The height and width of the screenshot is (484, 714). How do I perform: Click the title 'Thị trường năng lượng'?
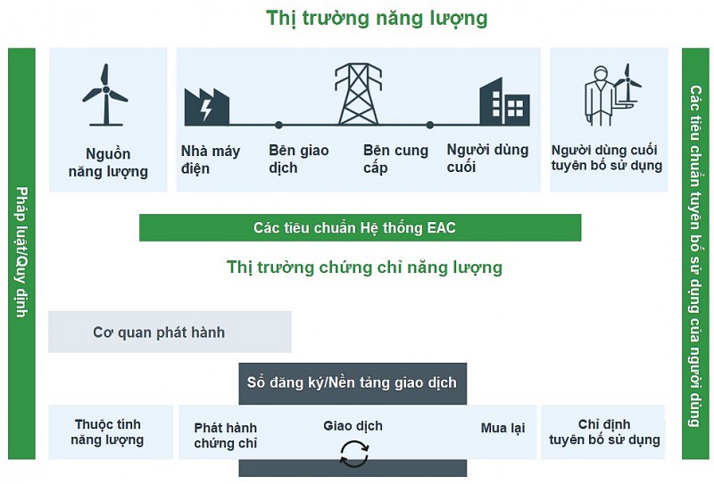(x=377, y=18)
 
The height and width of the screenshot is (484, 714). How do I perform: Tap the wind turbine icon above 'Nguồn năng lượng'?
(x=105, y=94)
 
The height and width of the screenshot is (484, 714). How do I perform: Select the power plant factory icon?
(x=206, y=106)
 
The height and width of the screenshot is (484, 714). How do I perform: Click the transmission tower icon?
(x=355, y=94)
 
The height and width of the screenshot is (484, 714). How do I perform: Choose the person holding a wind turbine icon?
(x=612, y=94)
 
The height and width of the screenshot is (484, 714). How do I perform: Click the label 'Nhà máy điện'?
(x=211, y=159)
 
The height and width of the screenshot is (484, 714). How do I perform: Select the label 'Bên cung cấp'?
(x=395, y=159)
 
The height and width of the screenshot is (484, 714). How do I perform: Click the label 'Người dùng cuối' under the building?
(x=487, y=158)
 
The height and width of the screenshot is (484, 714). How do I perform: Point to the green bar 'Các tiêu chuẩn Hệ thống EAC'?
(x=360, y=228)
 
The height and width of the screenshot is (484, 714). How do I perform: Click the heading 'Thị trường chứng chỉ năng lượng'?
(x=364, y=267)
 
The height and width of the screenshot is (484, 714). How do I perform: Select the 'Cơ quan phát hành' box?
(x=169, y=332)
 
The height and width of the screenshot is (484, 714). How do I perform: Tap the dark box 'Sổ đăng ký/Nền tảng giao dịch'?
(x=352, y=382)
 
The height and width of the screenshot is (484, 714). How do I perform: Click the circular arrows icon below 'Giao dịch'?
(x=353, y=455)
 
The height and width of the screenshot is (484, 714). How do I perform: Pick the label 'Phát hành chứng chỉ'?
(x=225, y=435)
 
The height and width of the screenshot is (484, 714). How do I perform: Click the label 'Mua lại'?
(x=502, y=429)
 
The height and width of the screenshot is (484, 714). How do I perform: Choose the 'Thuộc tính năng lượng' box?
(x=107, y=432)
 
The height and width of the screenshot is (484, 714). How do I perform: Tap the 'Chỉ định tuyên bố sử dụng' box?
(x=604, y=432)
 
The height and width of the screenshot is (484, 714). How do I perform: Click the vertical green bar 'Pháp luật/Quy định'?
(x=21, y=253)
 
